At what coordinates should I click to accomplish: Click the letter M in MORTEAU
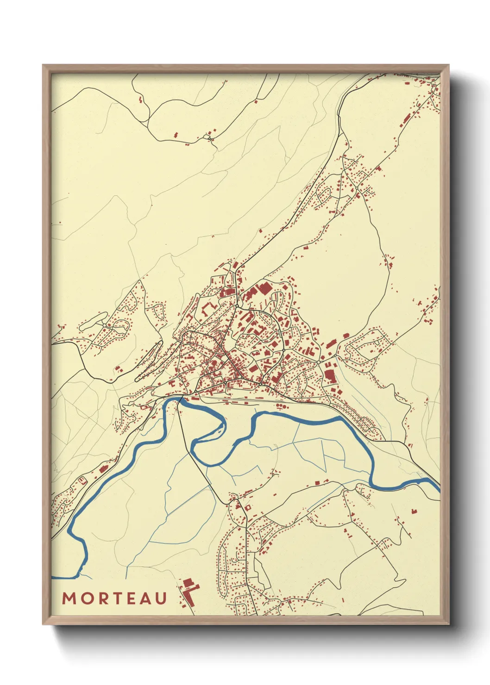coord(69,598)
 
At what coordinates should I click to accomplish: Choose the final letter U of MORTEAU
coord(161,598)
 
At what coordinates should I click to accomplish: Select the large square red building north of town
coord(265,289)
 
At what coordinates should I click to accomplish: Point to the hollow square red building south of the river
coord(247,508)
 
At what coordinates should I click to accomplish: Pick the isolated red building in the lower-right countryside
coord(414,511)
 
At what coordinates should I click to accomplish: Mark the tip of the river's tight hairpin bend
coord(224,422)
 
